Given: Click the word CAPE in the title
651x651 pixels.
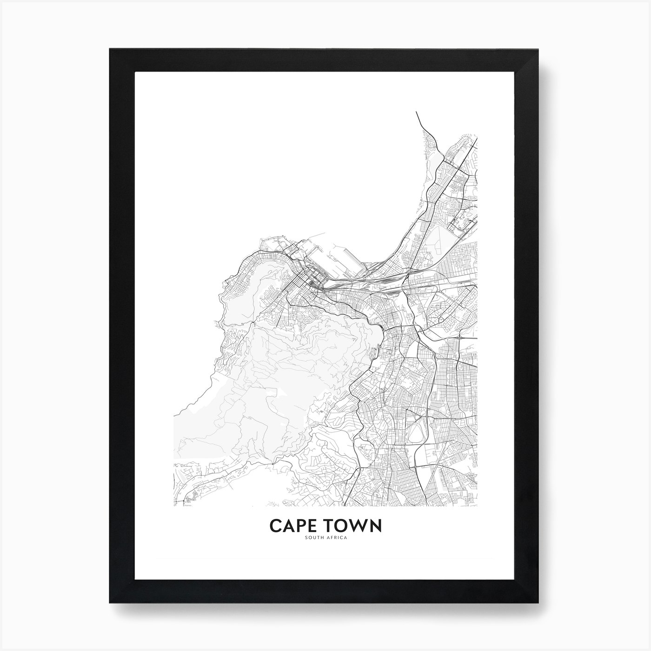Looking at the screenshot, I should pos(291,525).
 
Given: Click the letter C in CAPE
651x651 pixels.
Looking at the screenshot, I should pos(275,525).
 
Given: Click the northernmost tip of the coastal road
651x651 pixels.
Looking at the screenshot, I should pos(416,113).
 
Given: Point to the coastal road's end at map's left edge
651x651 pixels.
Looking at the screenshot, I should pos(174,414).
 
